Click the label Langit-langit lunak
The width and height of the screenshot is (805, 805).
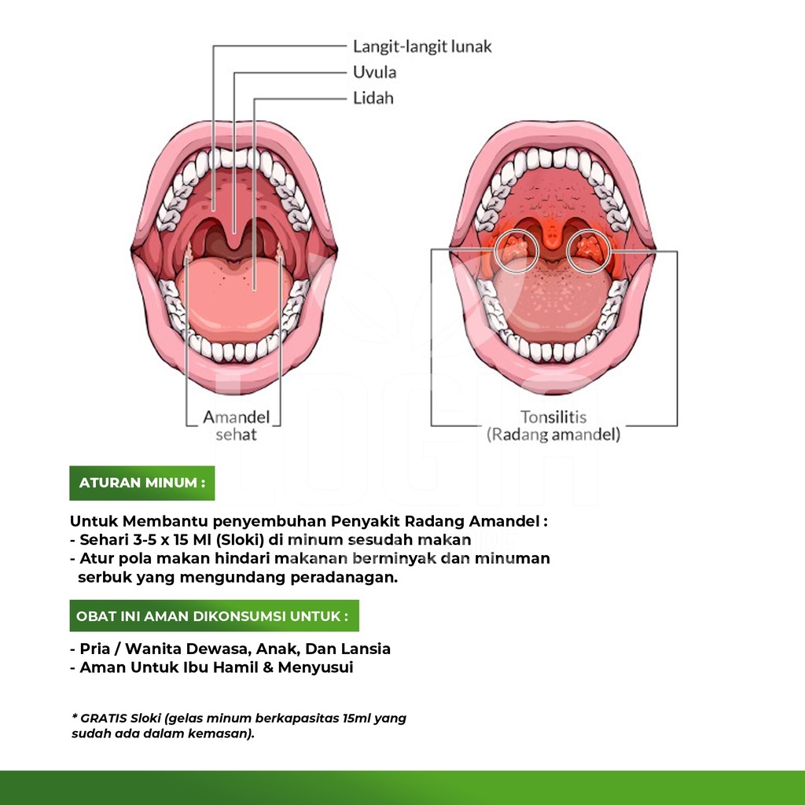(x=422, y=46)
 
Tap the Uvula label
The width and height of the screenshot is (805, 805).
(x=374, y=72)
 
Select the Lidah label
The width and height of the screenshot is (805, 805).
(x=373, y=97)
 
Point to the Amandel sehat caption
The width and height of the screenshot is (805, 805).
(x=236, y=425)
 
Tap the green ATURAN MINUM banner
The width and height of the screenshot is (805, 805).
(x=142, y=483)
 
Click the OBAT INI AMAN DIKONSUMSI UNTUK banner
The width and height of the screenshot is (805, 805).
(x=214, y=616)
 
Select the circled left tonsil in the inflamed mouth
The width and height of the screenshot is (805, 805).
(x=516, y=251)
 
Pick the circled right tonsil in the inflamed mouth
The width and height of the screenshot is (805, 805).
(x=589, y=251)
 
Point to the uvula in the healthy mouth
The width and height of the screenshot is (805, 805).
(x=234, y=233)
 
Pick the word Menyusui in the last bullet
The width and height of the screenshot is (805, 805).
(x=316, y=668)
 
